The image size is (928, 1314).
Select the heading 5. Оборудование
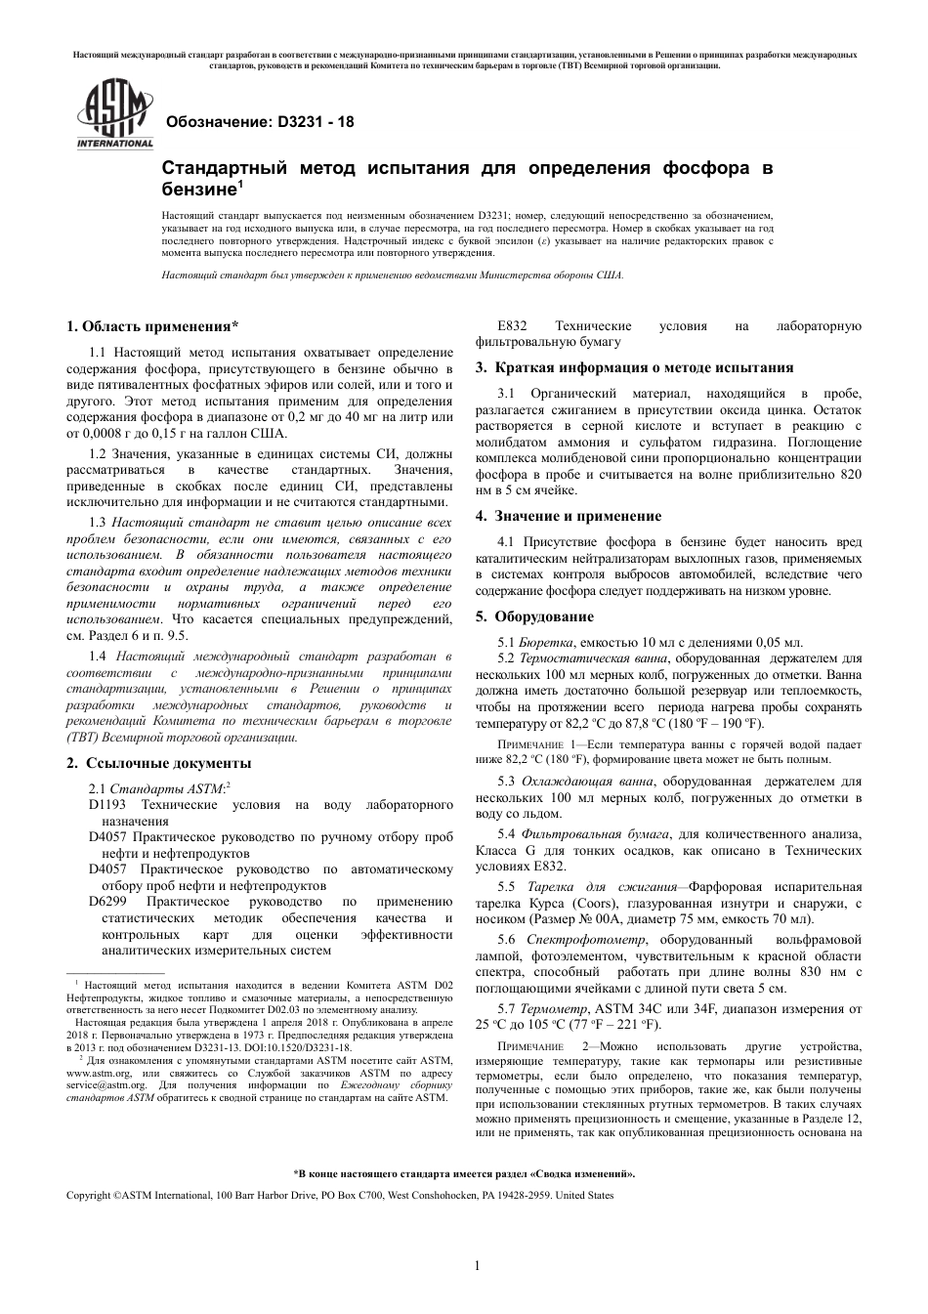(534, 616)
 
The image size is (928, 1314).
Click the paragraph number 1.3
(98, 523)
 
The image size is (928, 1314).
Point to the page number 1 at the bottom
(477, 1266)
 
